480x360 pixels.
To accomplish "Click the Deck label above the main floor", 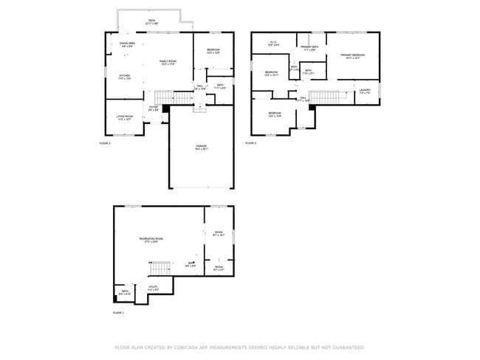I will coord(151,22).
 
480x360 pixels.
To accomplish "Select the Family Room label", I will coord(168,62).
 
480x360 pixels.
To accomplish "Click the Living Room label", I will coord(124,117).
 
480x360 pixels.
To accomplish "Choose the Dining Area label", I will coord(126,45).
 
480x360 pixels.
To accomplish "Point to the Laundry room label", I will coord(365,91).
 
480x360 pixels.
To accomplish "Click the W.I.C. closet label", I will coord(272,44).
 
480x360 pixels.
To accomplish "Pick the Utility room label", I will coord(153,287).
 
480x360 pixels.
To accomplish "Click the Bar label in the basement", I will coord(190,264).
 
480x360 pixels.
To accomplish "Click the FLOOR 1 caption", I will coord(118,313).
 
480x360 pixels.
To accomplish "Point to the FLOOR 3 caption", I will coord(251,143).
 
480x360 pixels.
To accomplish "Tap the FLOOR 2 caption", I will coord(105,143).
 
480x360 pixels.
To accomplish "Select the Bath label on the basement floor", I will coord(125,292).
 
